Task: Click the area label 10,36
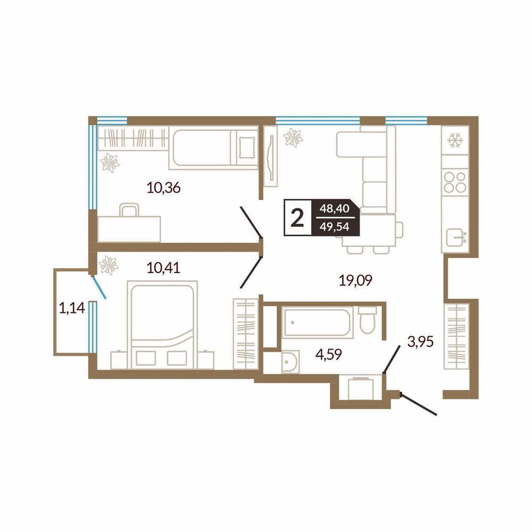[163, 187]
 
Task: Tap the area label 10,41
[163, 268]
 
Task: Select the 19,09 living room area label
[355, 280]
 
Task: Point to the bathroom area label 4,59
[328, 354]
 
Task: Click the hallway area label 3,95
[420, 342]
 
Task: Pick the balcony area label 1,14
[72, 308]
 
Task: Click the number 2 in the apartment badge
[297, 218]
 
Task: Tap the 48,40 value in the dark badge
[334, 209]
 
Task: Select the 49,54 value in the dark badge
[334, 226]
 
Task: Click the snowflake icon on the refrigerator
[455, 140]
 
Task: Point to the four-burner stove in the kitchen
[455, 182]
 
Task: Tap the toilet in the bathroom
[367, 320]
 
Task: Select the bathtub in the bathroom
[317, 322]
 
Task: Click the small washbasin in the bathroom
[290, 362]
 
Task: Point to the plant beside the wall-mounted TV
[293, 138]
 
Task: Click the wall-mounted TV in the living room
[271, 156]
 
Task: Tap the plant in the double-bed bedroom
[108, 265]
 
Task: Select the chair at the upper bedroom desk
[129, 210]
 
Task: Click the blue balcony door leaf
[99, 287]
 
